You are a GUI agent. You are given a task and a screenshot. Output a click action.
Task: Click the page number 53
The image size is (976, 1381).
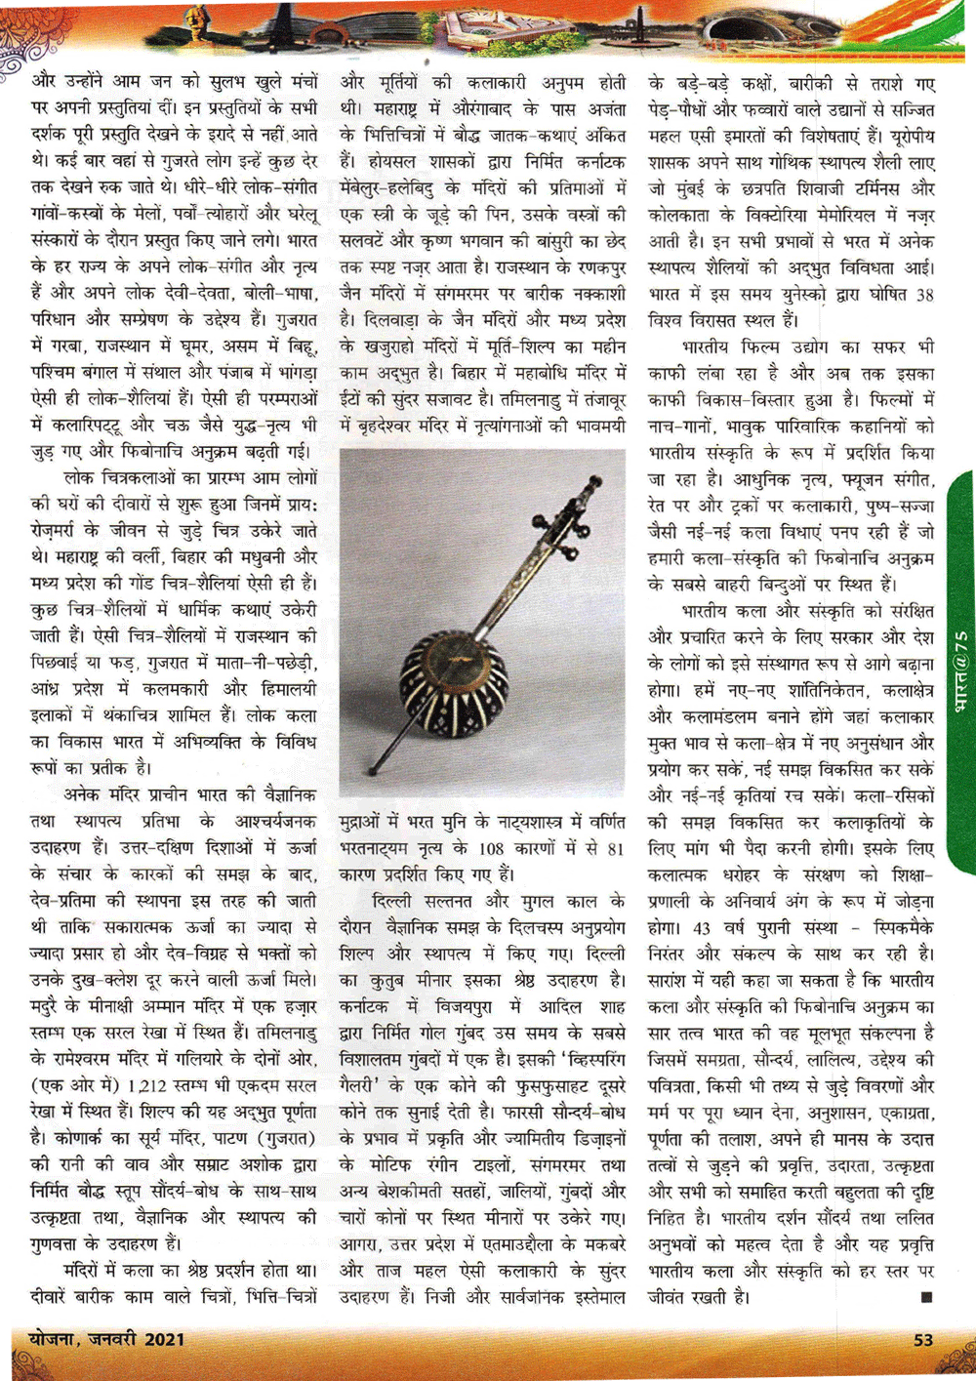point(922,1339)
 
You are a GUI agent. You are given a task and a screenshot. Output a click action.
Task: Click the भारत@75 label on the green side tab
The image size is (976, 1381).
point(960,672)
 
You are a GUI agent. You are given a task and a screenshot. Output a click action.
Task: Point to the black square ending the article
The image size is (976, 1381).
point(925,1297)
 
